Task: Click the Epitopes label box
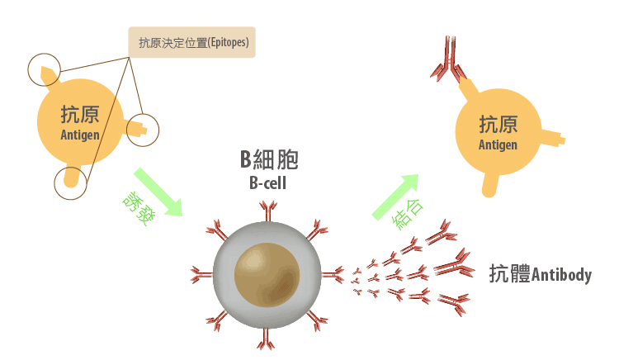pos(192,42)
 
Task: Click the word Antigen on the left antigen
pos(80,135)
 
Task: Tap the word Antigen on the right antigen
pos(498,144)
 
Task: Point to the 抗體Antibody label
pos(541,274)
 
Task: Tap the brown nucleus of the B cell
pos(265,273)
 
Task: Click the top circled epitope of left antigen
pos(45,71)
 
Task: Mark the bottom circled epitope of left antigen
pos(71,180)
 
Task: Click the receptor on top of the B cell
pos(267,213)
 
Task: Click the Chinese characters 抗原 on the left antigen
pos(80,115)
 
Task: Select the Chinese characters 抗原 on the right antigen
pos(498,125)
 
